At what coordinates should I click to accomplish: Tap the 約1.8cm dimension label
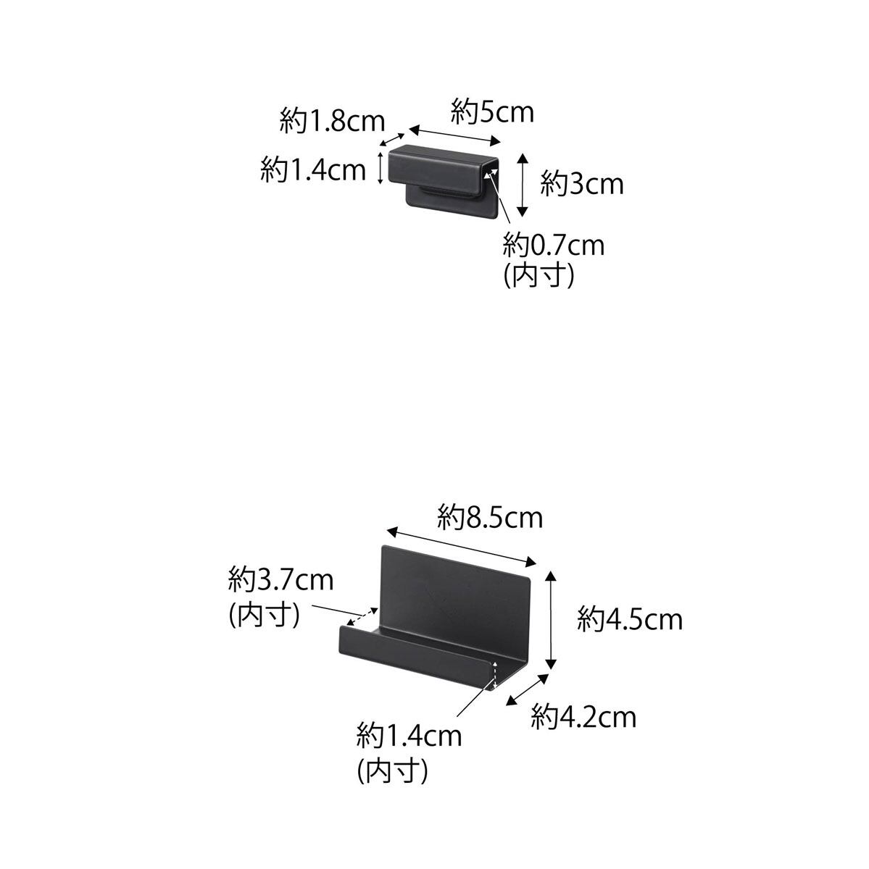[x=332, y=121]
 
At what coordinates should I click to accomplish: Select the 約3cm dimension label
[x=582, y=184]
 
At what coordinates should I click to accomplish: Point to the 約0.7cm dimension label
[x=554, y=245]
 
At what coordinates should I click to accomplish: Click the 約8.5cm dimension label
[x=490, y=518]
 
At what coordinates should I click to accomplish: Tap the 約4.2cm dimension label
[x=583, y=717]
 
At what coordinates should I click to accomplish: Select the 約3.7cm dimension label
[x=280, y=580]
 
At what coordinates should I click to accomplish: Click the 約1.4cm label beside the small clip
[x=313, y=170]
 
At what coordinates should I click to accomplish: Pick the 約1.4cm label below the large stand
[x=409, y=736]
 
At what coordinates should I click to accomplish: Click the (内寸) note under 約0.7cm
[x=539, y=275]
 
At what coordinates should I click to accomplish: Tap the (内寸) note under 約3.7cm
[x=264, y=614]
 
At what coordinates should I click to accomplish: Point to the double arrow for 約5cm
[x=455, y=135]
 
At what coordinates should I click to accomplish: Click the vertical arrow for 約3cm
[x=523, y=185]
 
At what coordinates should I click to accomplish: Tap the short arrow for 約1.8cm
[x=393, y=140]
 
